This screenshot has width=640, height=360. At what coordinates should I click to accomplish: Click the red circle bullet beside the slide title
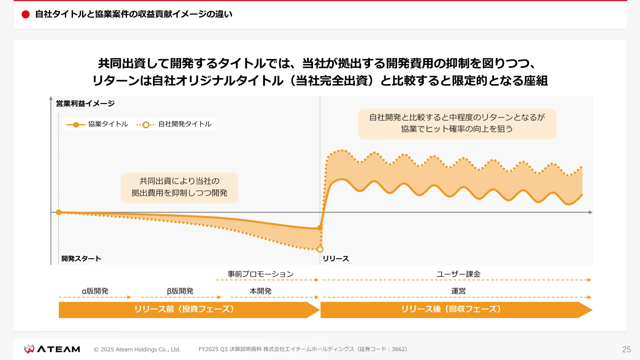[x=26, y=14]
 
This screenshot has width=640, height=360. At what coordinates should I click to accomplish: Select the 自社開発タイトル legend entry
[x=175, y=124]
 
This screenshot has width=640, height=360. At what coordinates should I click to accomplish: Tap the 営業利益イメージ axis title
[x=85, y=103]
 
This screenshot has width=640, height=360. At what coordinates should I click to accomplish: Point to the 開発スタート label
[x=81, y=259]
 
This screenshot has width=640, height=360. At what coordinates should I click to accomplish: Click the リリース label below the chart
[x=336, y=259]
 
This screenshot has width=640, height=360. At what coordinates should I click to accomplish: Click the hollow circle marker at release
[x=320, y=249]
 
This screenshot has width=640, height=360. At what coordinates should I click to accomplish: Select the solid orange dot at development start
[x=59, y=212]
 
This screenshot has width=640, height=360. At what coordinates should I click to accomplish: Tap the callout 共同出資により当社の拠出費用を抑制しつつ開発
[x=180, y=187]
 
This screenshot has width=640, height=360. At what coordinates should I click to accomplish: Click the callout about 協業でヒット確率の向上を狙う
[x=457, y=124]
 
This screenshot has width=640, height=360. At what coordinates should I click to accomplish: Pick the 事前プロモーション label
[x=260, y=274]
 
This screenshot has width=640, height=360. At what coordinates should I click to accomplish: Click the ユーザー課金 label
[x=458, y=274]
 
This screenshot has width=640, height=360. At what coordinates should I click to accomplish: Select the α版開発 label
[x=95, y=291]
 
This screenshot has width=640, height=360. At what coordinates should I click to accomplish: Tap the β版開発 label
[x=180, y=291]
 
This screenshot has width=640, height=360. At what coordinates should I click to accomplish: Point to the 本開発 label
[x=260, y=291]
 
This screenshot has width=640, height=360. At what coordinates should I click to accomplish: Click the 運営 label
[x=458, y=291]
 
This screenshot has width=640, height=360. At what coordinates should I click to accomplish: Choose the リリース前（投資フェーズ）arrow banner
[x=184, y=309]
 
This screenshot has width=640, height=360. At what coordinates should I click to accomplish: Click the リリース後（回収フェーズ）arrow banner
[x=451, y=309]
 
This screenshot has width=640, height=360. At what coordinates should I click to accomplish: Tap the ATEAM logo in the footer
[x=52, y=349]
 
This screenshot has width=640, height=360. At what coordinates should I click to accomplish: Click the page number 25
[x=626, y=349]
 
